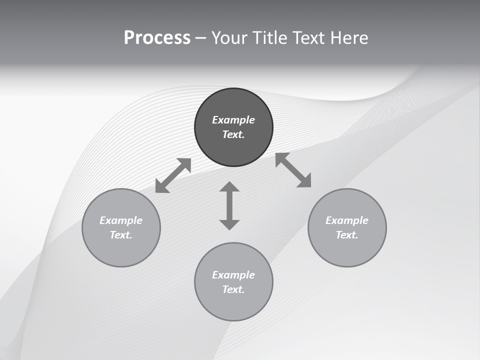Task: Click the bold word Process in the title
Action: click(x=157, y=38)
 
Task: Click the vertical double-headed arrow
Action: click(x=229, y=205)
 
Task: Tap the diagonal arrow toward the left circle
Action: click(x=173, y=175)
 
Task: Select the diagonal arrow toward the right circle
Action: click(x=293, y=170)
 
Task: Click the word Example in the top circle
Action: click(x=233, y=120)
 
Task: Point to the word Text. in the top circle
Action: click(x=233, y=134)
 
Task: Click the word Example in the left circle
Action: click(x=121, y=220)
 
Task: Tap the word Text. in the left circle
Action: click(x=121, y=235)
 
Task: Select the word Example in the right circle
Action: click(x=347, y=220)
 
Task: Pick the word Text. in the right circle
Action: click(x=347, y=235)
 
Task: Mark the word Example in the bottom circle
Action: click(x=233, y=275)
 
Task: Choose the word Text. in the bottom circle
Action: click(x=233, y=289)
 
